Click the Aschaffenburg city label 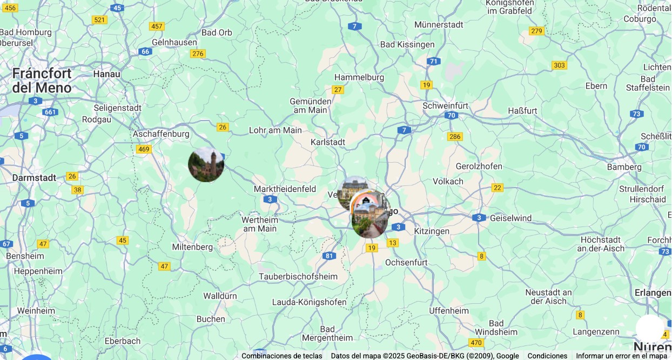pyautogui.click(x=161, y=134)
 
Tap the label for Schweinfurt pyautogui.click(x=445, y=105)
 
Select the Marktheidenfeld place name pyautogui.click(x=285, y=189)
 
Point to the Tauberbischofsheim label pyautogui.click(x=298, y=276)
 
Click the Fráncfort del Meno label pyautogui.click(x=42, y=81)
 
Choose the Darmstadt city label pyautogui.click(x=34, y=177)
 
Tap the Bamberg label pyautogui.click(x=624, y=166)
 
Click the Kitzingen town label pyautogui.click(x=431, y=231)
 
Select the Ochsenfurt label pyautogui.click(x=406, y=262)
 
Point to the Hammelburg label pyautogui.click(x=359, y=77)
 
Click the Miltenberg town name pyautogui.click(x=192, y=246)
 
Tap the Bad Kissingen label pyautogui.click(x=407, y=44)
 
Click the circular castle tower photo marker pyautogui.click(x=206, y=164)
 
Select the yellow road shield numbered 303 pyautogui.click(x=559, y=65)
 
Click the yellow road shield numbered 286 pyautogui.click(x=455, y=136)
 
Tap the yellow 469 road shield pyautogui.click(x=143, y=149)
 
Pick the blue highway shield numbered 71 pyautogui.click(x=433, y=61)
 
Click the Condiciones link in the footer pyautogui.click(x=547, y=356)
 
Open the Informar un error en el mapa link pyautogui.click(x=621, y=356)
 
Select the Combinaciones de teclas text pyautogui.click(x=281, y=356)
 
